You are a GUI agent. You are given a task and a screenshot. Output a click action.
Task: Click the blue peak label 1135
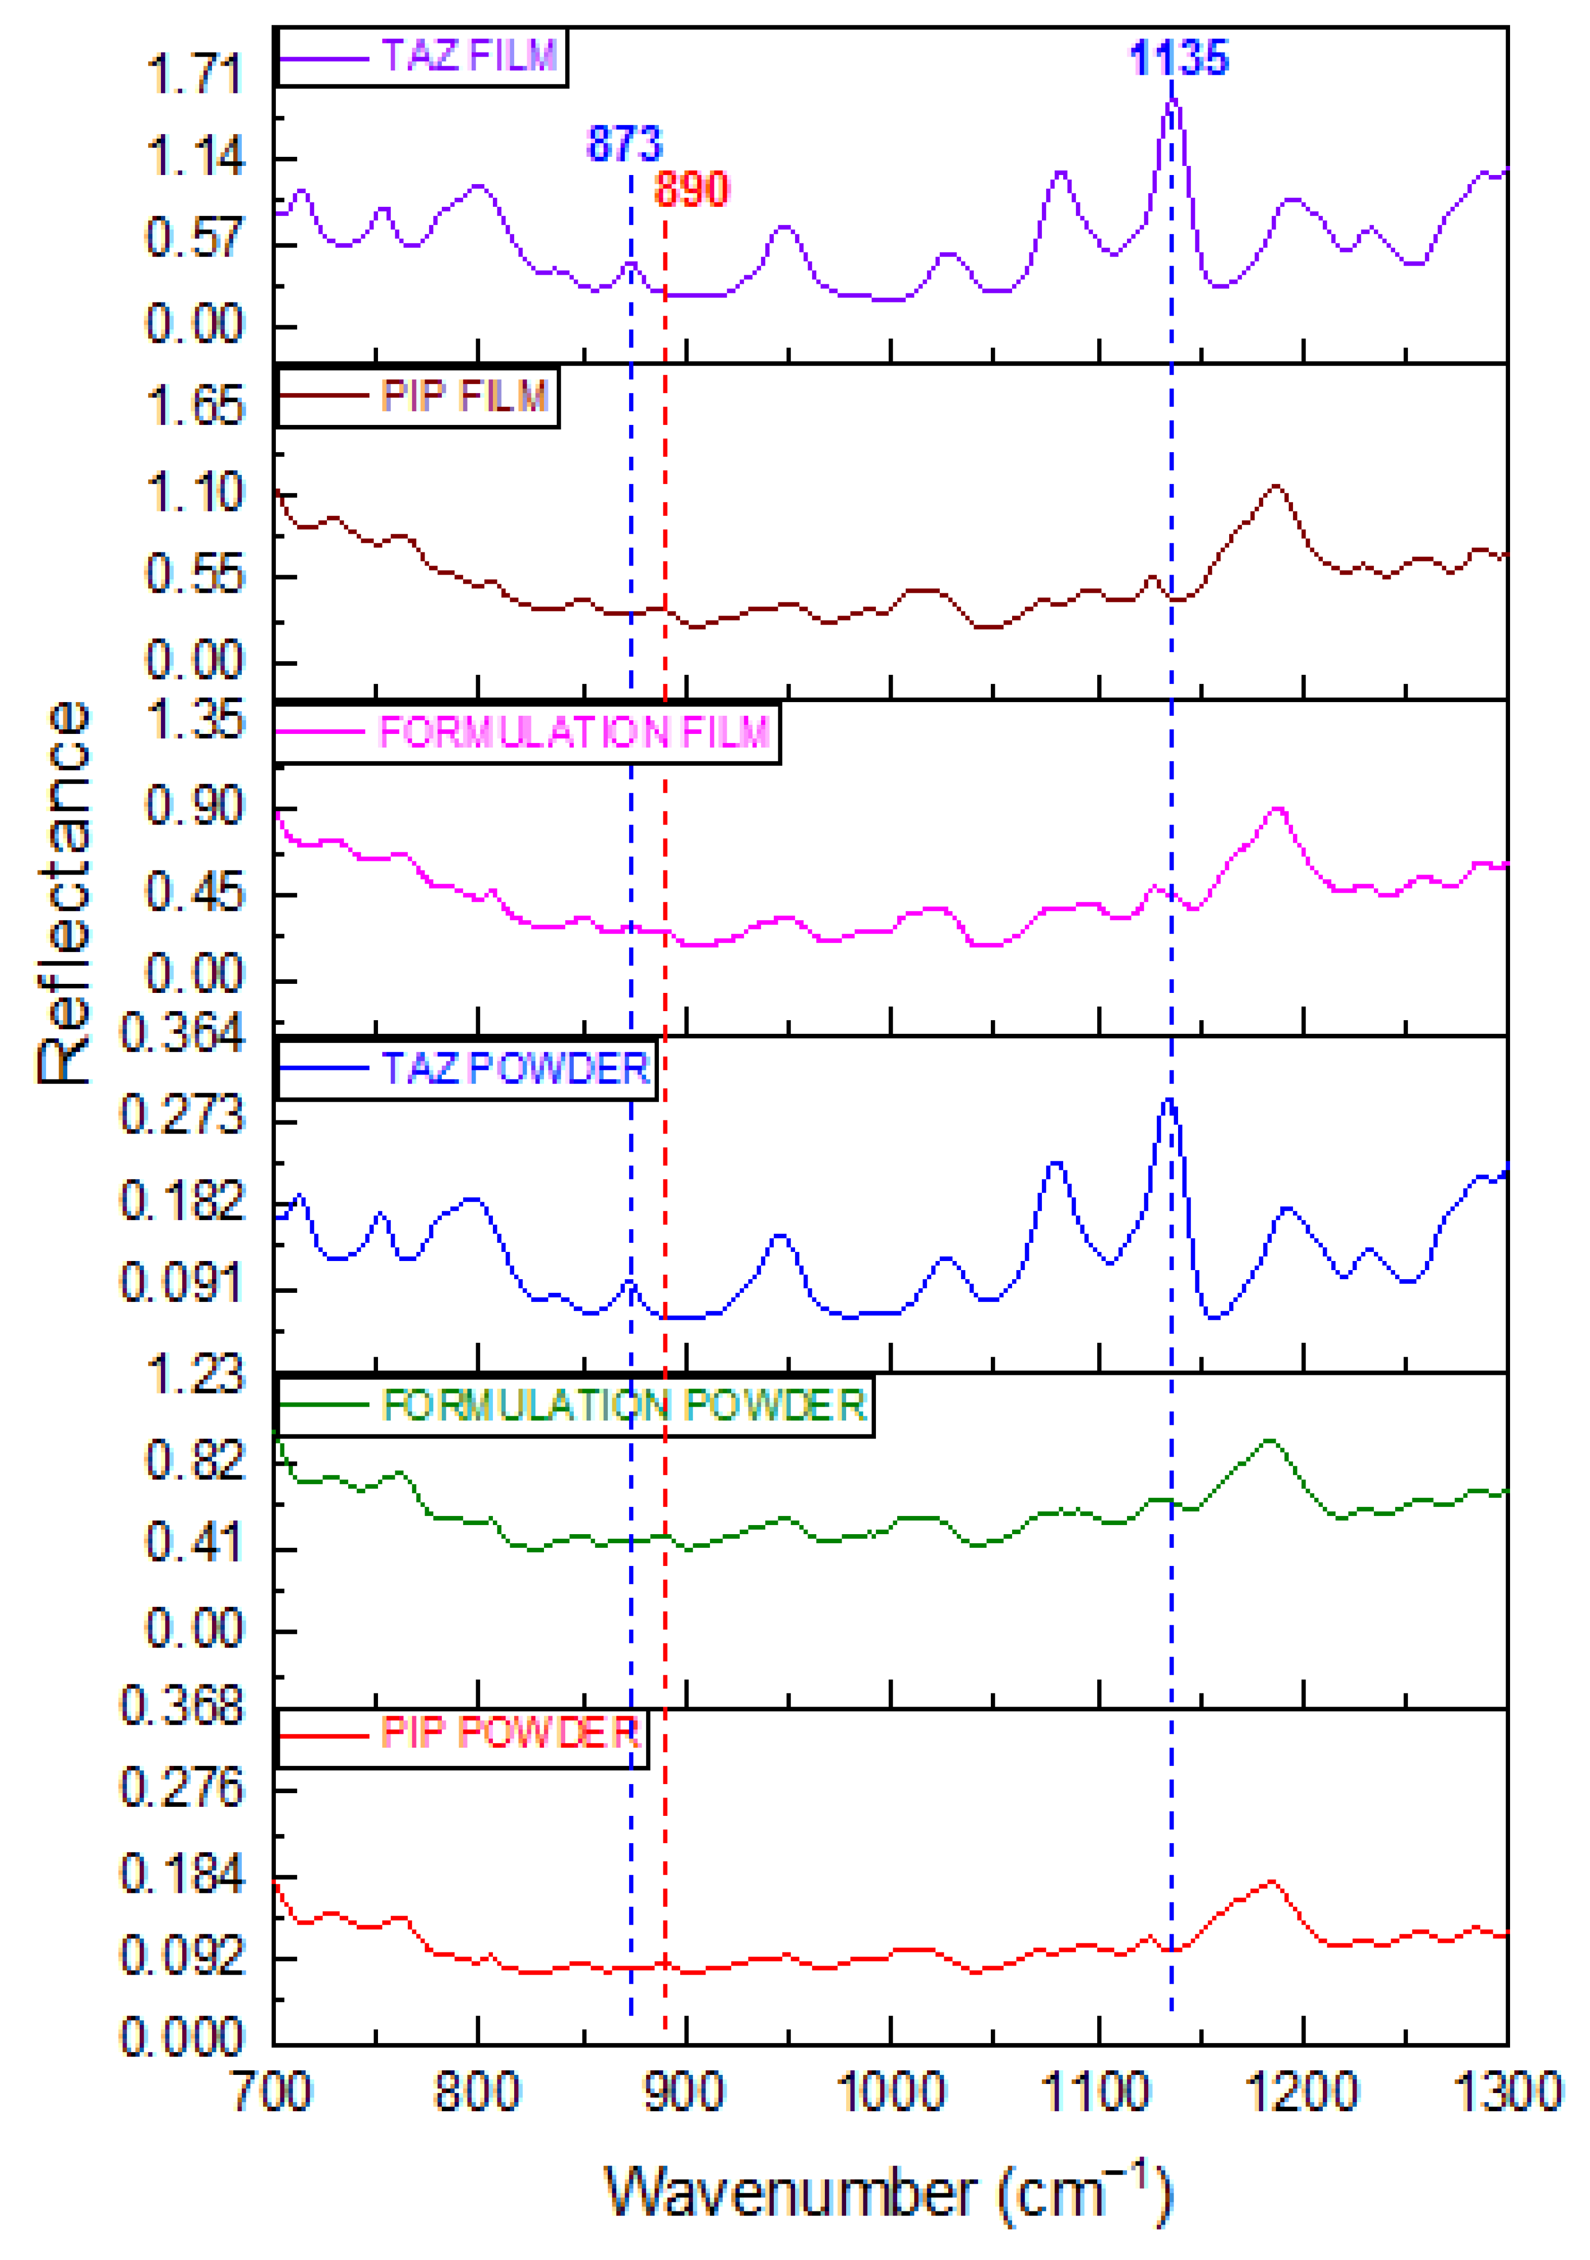(x=1179, y=59)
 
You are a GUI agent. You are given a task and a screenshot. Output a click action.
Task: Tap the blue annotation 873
(x=625, y=145)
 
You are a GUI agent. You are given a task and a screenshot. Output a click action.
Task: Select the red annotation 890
(x=692, y=190)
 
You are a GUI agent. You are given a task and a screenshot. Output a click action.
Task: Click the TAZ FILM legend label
(x=470, y=56)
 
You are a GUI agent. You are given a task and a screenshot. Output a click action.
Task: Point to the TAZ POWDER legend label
(x=516, y=1069)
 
